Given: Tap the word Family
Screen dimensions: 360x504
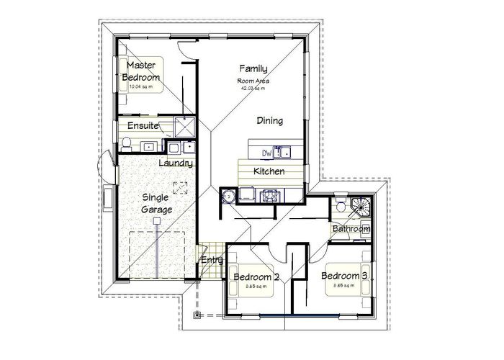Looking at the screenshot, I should [253, 69].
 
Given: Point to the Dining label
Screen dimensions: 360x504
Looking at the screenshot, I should [269, 121].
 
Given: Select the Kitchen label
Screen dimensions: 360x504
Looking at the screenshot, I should [269, 171].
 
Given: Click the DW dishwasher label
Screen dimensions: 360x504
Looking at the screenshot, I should [266, 152].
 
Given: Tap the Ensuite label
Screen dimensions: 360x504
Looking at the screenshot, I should [143, 126].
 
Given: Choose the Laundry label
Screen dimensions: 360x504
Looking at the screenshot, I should [175, 164].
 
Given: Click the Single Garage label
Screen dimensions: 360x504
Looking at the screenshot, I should [157, 203].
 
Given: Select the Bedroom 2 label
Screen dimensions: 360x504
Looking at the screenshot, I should [256, 277].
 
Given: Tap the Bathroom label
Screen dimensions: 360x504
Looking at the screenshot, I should [351, 229].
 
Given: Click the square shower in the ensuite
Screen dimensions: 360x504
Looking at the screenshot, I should [185, 127].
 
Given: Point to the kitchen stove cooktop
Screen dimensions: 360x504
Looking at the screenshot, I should [270, 195].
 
